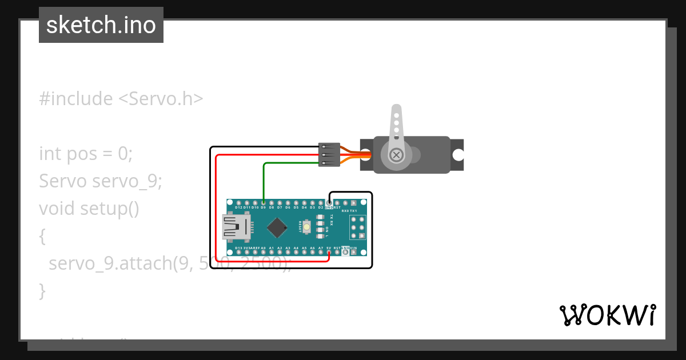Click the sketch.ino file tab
(101, 25)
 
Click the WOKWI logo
(607, 315)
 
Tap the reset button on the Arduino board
(307, 227)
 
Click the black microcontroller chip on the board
(277, 227)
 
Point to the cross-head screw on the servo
(396, 155)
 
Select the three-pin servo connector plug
(329, 154)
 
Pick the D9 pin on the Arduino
(263, 203)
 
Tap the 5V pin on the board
(329, 252)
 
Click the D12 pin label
(238, 207)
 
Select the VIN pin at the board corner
(354, 252)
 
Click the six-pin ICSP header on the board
(358, 227)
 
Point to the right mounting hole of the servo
(457, 155)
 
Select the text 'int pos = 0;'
(86, 154)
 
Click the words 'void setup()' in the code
(89, 209)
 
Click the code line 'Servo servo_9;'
(101, 181)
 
